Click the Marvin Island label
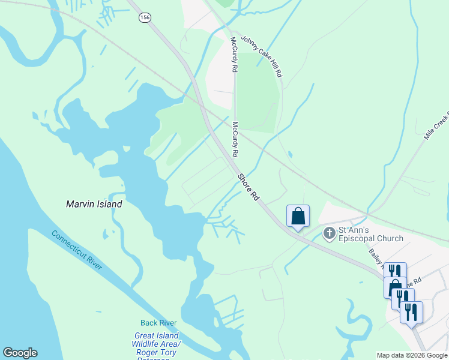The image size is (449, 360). coord(94,204)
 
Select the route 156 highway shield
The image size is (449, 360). coord(144,18)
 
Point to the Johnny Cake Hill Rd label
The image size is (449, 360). coord(262,55)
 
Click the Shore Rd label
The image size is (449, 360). coord(248,187)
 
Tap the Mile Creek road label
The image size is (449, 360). coord(436,126)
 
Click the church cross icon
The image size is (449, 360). coord(329,233)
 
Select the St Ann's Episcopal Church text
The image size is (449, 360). coord(370,233)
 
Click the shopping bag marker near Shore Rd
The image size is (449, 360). coord(298,215)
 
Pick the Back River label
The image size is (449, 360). coord(158,323)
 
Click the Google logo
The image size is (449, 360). coord(20,353)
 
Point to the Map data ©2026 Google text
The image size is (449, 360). coord(412,355)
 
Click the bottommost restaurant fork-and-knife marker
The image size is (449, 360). coord(411,311)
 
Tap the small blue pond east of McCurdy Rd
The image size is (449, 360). coord(291,154)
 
